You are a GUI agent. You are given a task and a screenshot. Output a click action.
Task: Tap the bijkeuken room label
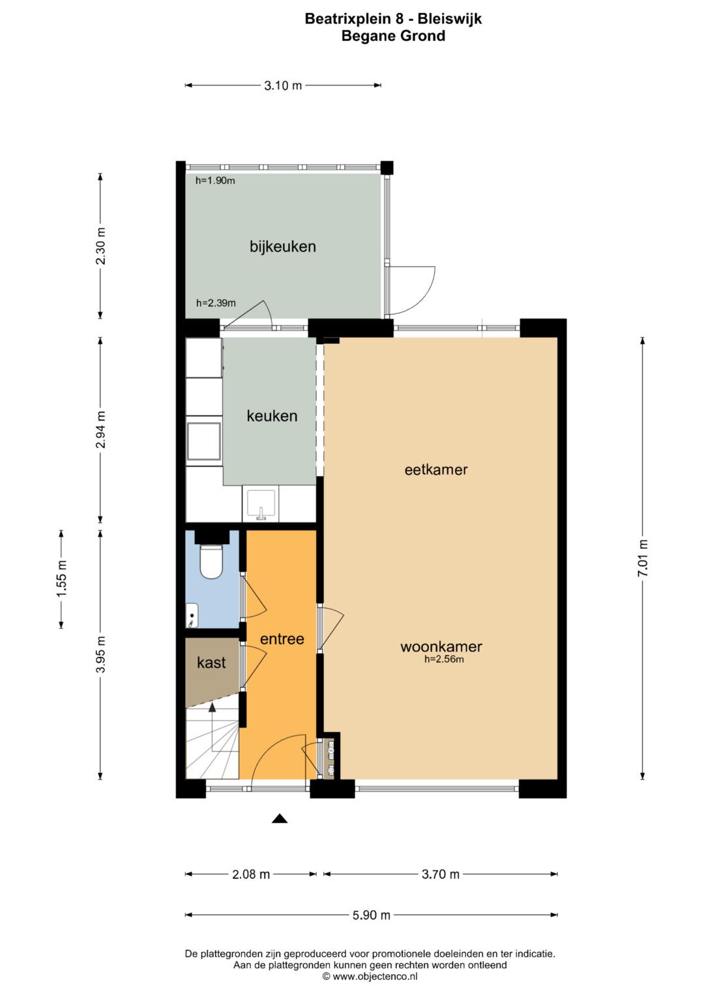pyautogui.click(x=283, y=246)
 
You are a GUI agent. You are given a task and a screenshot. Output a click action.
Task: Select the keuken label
pyautogui.click(x=272, y=416)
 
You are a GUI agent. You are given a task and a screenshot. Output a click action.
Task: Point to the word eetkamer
pyautogui.click(x=436, y=470)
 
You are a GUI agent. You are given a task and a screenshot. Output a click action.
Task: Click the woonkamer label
pyautogui.click(x=441, y=646)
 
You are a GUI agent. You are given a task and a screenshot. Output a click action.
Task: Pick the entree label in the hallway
pyautogui.click(x=282, y=639)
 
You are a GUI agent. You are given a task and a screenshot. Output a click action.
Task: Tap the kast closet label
pyautogui.click(x=211, y=663)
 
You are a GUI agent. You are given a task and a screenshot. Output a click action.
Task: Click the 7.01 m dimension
pyautogui.click(x=643, y=558)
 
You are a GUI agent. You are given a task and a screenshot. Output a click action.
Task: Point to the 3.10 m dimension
pyautogui.click(x=283, y=85)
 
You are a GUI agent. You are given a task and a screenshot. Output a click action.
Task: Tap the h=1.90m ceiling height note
pyautogui.click(x=215, y=180)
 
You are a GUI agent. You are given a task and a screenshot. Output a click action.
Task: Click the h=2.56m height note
pyautogui.click(x=444, y=659)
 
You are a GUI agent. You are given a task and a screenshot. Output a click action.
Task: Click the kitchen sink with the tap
pyautogui.click(x=261, y=505)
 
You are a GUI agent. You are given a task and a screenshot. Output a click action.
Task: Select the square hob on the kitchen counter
pyautogui.click(x=203, y=441)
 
